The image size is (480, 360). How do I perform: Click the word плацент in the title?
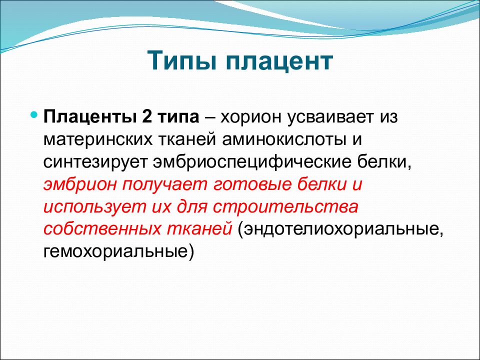click(279, 61)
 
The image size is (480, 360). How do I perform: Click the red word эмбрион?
click(80, 184)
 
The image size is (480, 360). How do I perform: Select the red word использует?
click(94, 207)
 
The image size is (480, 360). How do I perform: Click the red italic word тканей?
click(199, 230)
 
